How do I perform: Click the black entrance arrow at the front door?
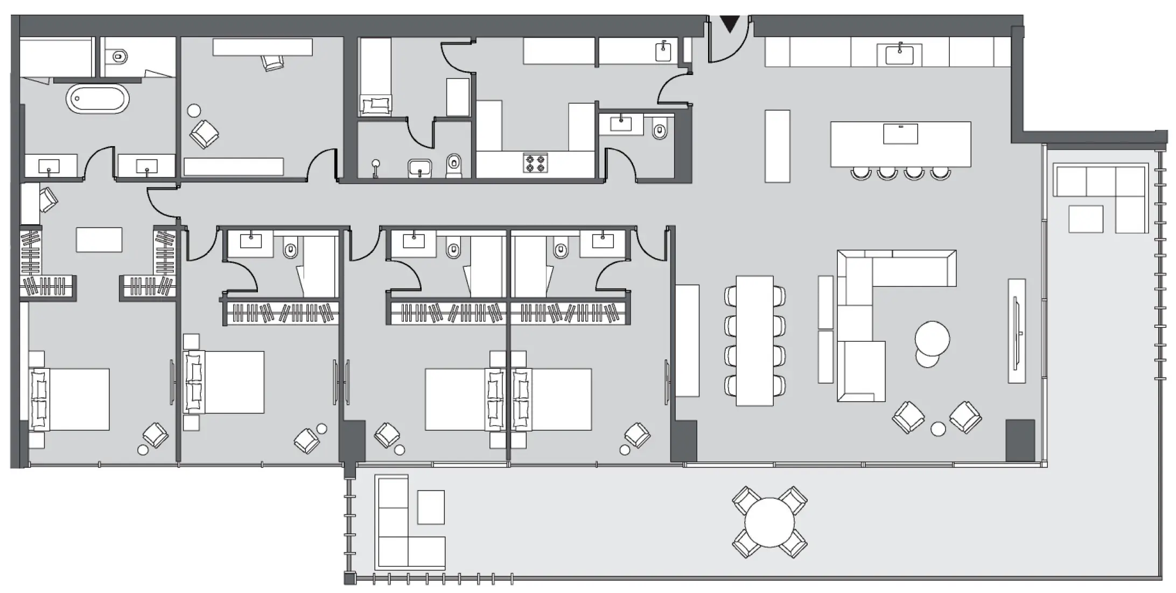730,24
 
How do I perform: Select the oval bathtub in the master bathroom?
97,99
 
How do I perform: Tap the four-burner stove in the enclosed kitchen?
536,163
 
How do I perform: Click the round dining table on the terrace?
769,522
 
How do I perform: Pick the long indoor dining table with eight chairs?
754,341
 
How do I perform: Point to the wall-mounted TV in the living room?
1017,331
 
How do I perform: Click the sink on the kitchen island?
900,134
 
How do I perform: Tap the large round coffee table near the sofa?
932,338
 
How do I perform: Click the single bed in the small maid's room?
375,75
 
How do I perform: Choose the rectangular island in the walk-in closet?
99,240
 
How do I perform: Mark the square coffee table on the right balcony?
1086,219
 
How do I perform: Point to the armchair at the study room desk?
272,62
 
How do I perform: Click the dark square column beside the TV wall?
1020,440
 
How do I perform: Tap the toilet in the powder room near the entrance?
660,130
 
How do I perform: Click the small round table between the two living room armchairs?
938,429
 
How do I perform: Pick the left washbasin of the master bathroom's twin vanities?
49,167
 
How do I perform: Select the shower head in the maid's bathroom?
376,164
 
